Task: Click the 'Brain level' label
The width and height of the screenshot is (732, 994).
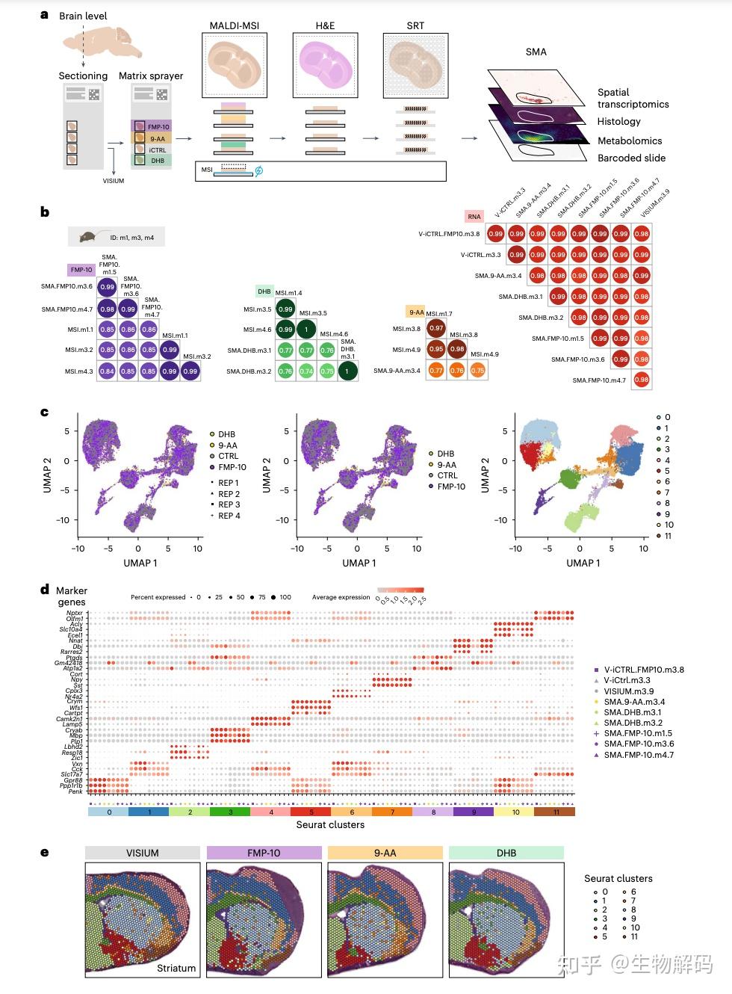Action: point(83,16)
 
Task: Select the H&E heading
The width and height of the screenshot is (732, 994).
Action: point(325,25)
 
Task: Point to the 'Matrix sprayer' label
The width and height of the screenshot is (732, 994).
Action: point(151,75)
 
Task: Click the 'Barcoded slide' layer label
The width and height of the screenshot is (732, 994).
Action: point(631,158)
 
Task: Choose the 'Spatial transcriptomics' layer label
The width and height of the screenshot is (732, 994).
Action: point(633,98)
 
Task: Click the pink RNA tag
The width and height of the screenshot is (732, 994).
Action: point(474,217)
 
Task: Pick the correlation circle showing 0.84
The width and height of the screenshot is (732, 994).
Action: point(107,371)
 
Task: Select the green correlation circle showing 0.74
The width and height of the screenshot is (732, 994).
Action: point(305,371)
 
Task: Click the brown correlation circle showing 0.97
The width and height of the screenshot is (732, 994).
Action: point(436,328)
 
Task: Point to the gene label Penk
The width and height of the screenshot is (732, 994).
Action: point(76,791)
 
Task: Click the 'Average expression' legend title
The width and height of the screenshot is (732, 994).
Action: point(341,597)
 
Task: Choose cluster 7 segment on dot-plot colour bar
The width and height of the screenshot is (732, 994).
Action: point(391,811)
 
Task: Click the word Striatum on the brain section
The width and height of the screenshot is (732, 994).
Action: point(176,968)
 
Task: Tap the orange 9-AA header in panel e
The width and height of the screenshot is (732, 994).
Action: point(385,853)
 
